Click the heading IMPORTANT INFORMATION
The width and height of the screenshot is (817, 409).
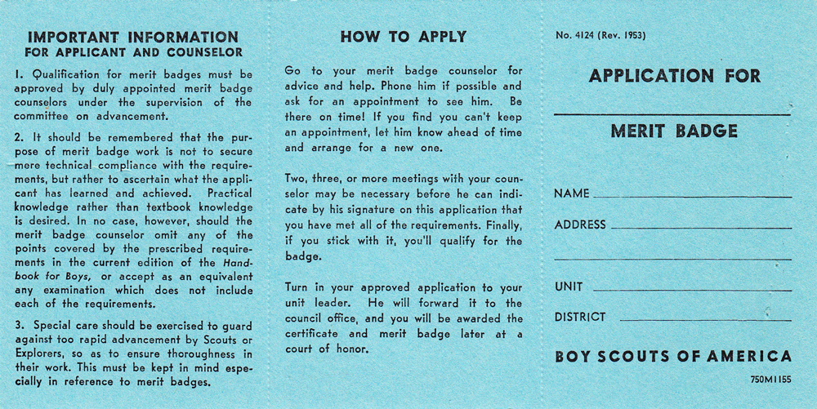coord(133,37)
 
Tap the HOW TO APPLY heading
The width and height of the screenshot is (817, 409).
coord(404,37)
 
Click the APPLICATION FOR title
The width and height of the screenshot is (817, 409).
coord(674,77)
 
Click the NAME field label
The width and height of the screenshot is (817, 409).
coord(572,194)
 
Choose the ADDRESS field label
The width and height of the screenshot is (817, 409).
coord(580,225)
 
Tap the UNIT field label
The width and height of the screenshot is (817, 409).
coord(569,287)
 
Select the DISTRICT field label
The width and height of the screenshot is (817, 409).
coord(580,317)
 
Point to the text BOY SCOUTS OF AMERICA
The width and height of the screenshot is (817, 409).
coord(672,357)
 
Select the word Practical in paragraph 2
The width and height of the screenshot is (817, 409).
coord(230,193)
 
